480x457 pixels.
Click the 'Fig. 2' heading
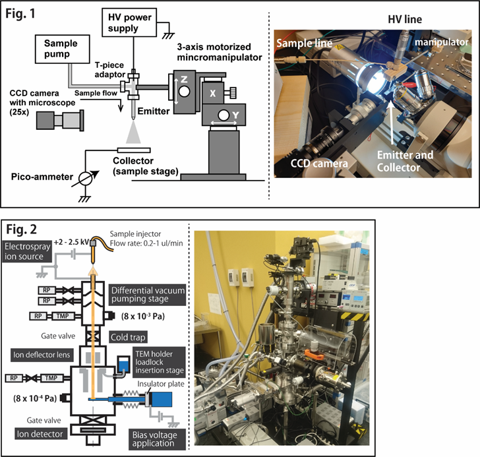(x=24, y=229)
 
